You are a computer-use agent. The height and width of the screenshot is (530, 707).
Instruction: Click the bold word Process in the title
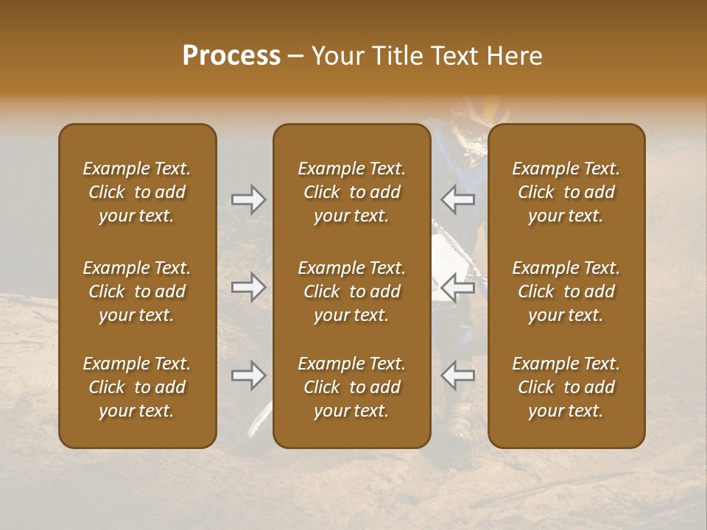(x=231, y=56)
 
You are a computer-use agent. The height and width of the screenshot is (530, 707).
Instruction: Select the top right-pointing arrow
(x=248, y=199)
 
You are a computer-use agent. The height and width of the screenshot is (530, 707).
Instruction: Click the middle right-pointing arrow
(x=248, y=287)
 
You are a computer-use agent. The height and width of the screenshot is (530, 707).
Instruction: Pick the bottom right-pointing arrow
(x=248, y=375)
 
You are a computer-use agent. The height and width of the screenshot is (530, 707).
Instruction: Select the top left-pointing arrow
(x=457, y=199)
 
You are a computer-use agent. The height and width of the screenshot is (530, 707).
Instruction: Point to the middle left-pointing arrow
(x=457, y=287)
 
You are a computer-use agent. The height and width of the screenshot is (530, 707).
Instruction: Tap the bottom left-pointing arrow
(x=457, y=375)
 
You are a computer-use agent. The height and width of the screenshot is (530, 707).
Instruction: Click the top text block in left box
(x=137, y=192)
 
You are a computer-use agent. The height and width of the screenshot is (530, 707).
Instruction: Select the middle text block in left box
(x=137, y=291)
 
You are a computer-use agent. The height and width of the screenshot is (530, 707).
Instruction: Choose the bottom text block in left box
(x=137, y=387)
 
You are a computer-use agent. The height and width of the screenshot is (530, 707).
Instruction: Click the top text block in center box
(x=351, y=192)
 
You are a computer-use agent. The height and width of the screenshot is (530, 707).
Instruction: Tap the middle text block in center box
(x=351, y=291)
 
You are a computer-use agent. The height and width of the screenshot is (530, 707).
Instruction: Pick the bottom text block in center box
(x=351, y=387)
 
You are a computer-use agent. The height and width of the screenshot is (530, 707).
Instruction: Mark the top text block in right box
(x=566, y=192)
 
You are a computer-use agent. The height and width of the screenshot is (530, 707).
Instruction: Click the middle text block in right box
(x=566, y=291)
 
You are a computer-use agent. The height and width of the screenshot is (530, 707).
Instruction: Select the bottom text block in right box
(x=566, y=387)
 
